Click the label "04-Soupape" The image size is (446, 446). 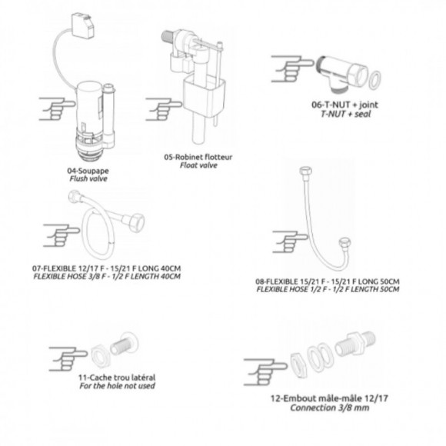[x=88, y=171]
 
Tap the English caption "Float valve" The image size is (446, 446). [x=198, y=165]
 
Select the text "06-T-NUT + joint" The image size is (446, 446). [x=344, y=105]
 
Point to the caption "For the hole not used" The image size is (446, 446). [x=117, y=386]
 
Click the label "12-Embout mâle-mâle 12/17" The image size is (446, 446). [x=329, y=398]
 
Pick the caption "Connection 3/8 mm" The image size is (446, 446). [x=330, y=408]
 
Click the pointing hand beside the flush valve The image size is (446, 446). [x=57, y=109]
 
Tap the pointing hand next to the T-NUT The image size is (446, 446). [x=292, y=69]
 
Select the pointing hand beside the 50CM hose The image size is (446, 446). [x=290, y=241]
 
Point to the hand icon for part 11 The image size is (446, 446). [x=68, y=359]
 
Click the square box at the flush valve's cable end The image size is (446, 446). [x=83, y=25]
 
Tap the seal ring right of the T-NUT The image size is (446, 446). [x=374, y=81]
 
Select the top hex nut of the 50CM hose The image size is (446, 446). [x=306, y=171]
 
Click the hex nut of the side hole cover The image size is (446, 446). [x=99, y=358]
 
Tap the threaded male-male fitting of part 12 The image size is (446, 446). [x=355, y=344]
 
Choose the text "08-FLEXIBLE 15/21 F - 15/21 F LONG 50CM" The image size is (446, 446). [x=328, y=281]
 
